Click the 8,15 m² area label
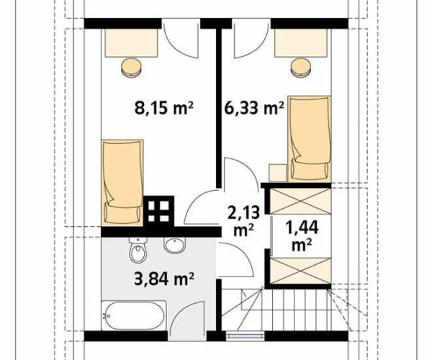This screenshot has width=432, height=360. (164, 107)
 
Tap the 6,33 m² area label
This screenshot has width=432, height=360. (254, 107)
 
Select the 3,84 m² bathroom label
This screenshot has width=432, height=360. (164, 279)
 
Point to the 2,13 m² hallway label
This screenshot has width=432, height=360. (243, 221)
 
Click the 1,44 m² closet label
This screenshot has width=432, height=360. (302, 235)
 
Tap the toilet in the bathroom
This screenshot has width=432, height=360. (138, 249)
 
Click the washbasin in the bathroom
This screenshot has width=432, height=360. (175, 245)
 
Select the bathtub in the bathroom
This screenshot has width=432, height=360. (134, 315)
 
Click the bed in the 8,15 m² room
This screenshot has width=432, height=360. (122, 183)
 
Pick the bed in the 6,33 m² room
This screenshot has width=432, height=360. (310, 139)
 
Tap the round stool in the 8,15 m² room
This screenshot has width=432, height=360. (132, 67)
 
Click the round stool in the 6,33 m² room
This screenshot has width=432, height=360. (302, 67)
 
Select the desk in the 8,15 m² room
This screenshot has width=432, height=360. (130, 42)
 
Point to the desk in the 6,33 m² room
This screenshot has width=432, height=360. (301, 42)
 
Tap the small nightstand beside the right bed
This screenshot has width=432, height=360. (278, 173)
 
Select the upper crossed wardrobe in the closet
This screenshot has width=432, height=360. (300, 201)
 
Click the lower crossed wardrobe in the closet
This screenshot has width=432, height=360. (300, 271)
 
